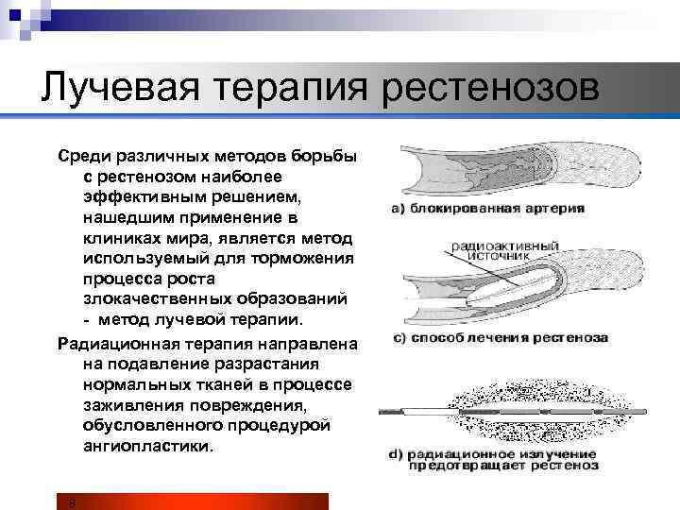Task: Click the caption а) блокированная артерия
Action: tap(486, 208)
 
